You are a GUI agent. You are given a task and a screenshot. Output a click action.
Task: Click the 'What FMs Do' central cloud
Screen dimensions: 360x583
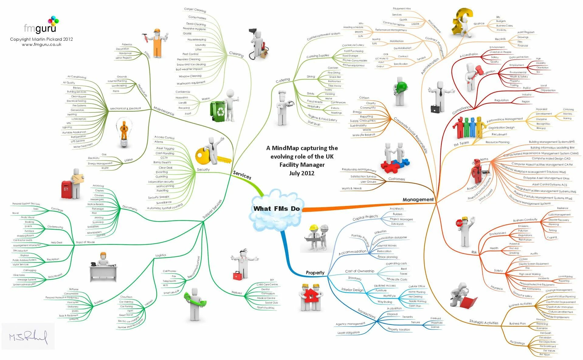pyautogui.click(x=276, y=209)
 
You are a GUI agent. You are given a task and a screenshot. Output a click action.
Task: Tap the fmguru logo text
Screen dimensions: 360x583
pyautogui.click(x=40, y=29)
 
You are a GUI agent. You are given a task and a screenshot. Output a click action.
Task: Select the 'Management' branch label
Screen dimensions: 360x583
pyautogui.click(x=418, y=200)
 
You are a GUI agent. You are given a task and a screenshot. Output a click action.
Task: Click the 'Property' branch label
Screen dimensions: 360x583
pyautogui.click(x=315, y=273)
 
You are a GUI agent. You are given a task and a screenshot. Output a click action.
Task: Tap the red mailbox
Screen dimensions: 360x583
pyautogui.click(x=66, y=190)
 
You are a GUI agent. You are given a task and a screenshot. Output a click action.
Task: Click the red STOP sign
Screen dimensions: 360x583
pyautogui.click(x=459, y=223)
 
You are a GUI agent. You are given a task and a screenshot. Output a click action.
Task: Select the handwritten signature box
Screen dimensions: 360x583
pyautogui.click(x=28, y=336)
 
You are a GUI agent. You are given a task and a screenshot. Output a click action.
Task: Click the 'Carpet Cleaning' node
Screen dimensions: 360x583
pyautogui.click(x=195, y=10)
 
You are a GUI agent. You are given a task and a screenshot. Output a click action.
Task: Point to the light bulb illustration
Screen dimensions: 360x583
pyautogui.click(x=124, y=132)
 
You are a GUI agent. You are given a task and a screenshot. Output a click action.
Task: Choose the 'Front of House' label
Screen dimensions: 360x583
pyautogui.click(x=85, y=242)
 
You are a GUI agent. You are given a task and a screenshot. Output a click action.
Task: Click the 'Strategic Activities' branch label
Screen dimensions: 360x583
pyautogui.click(x=484, y=322)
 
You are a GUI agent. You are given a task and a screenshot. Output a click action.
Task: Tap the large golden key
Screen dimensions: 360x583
pyautogui.click(x=209, y=157)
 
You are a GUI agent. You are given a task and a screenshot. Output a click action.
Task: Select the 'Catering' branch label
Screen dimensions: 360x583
pyautogui.click(x=283, y=80)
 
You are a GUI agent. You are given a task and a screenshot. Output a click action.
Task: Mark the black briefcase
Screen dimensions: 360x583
pyautogui.click(x=435, y=108)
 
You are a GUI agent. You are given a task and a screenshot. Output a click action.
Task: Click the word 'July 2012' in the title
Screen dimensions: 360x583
pyautogui.click(x=302, y=173)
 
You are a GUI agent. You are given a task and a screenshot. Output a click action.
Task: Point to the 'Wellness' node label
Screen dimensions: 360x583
pyautogui.click(x=236, y=293)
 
